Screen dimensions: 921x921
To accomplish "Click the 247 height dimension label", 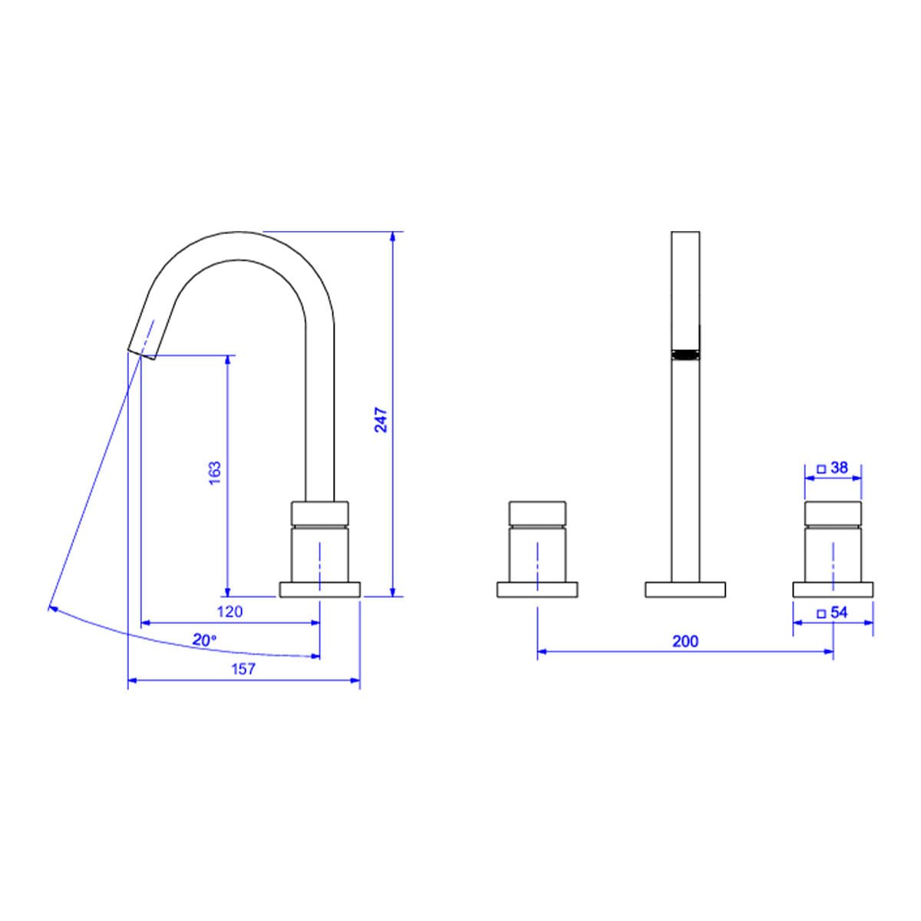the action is coord(381,420).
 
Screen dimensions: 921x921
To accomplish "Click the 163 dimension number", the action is coord(215,474).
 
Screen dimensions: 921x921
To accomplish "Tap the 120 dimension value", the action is coord(230,612).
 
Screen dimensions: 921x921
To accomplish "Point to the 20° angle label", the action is coord(204,640).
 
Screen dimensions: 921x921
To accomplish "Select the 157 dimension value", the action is coord(244,669).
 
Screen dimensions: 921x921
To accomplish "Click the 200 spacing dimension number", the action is coord(685,642).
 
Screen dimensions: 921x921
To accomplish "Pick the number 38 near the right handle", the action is coord(840,467).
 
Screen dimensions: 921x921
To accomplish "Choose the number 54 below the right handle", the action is coord(839,612).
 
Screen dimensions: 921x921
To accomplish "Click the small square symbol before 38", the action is coord(821,470).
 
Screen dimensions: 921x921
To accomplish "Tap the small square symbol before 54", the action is coord(821,614).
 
